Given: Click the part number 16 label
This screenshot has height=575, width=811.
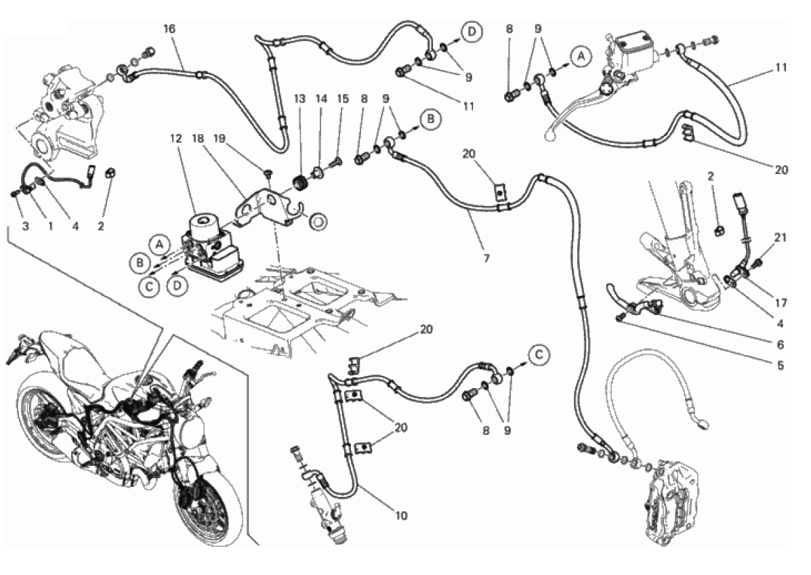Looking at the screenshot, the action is coord(169,29).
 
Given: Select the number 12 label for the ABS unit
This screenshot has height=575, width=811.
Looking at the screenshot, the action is coord(176,139).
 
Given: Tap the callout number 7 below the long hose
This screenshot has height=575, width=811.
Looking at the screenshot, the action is coord(486,257).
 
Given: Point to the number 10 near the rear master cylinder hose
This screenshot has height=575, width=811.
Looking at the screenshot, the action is coord(401,515).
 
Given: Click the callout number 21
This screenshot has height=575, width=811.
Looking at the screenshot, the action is coord(781,237).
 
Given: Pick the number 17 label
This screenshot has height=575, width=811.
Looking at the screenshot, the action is coord(781,303).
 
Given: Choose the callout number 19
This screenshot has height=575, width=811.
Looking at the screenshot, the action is coord(220,139).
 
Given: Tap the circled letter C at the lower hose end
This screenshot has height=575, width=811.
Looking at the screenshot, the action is coord(539,354).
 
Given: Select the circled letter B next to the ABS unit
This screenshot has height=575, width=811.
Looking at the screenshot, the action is coord(140,263).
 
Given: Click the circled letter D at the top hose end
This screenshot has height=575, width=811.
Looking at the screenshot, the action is coord(472,32).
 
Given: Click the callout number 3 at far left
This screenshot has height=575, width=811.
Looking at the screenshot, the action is coord(25,226).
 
